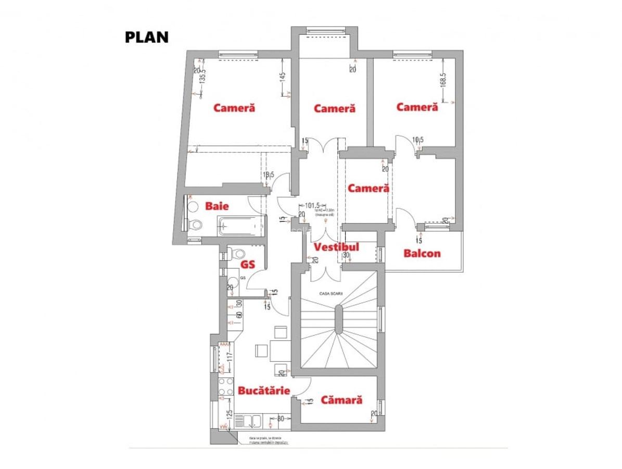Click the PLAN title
[147, 37]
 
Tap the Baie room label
[217, 206]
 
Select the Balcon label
[422, 253]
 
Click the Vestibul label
[336, 246]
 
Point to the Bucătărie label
[264, 390]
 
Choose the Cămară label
[341, 400]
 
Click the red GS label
[248, 264]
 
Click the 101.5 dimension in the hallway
[312, 205]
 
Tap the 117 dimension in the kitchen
[228, 357]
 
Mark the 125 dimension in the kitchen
[229, 416]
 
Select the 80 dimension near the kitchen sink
[280, 418]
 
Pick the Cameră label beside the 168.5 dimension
[417, 107]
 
